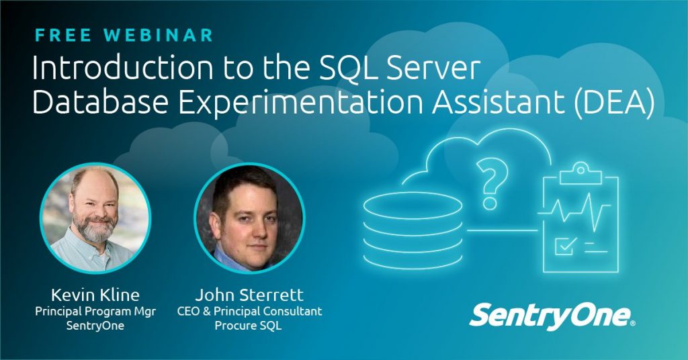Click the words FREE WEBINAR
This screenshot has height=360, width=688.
click(124, 35)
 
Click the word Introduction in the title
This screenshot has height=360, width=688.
click(122, 69)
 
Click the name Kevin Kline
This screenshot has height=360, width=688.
click(95, 295)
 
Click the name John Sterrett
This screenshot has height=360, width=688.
click(249, 295)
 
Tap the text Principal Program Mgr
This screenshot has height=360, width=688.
click(95, 312)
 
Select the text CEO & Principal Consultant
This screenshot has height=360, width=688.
click(249, 312)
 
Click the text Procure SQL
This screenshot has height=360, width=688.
click(248, 326)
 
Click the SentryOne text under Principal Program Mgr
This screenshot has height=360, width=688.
click(95, 326)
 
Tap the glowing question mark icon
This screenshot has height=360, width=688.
click(491, 184)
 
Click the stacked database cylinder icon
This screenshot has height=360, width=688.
click(413, 230)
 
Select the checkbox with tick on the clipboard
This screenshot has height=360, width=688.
click(564, 246)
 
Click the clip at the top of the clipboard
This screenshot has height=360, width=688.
click(581, 174)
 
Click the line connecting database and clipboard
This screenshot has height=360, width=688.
click(503, 230)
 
